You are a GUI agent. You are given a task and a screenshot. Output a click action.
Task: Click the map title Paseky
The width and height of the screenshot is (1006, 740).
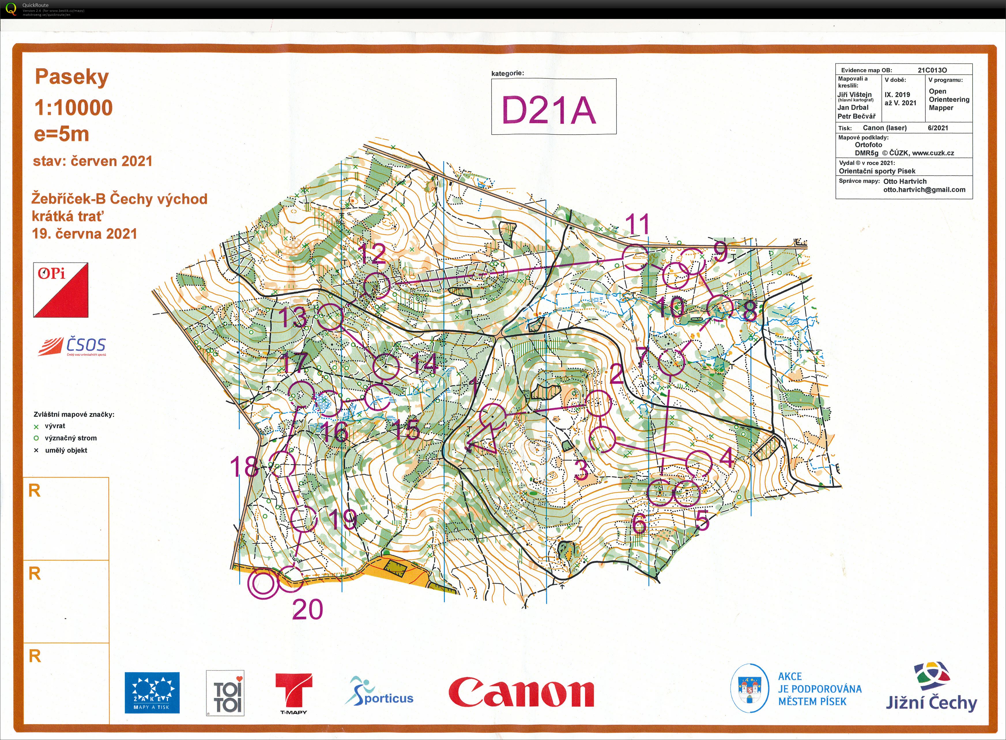(72, 77)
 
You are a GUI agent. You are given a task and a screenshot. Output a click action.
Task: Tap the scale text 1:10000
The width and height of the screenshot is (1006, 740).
(74, 108)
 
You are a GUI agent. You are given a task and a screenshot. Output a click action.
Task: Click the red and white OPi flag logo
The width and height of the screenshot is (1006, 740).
(61, 290)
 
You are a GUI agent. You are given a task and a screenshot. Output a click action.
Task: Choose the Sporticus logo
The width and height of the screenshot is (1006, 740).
(379, 692)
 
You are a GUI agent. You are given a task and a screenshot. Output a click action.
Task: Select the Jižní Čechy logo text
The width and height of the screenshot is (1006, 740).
(931, 702)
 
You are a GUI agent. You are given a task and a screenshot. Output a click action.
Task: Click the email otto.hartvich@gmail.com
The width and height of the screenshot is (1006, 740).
(924, 189)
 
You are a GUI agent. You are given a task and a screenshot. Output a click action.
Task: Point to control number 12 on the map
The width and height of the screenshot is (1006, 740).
(373, 254)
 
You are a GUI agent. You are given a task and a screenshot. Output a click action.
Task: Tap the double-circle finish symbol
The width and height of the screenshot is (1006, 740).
(263, 583)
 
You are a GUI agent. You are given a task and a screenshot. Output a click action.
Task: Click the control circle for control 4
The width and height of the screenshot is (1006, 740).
(698, 464)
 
